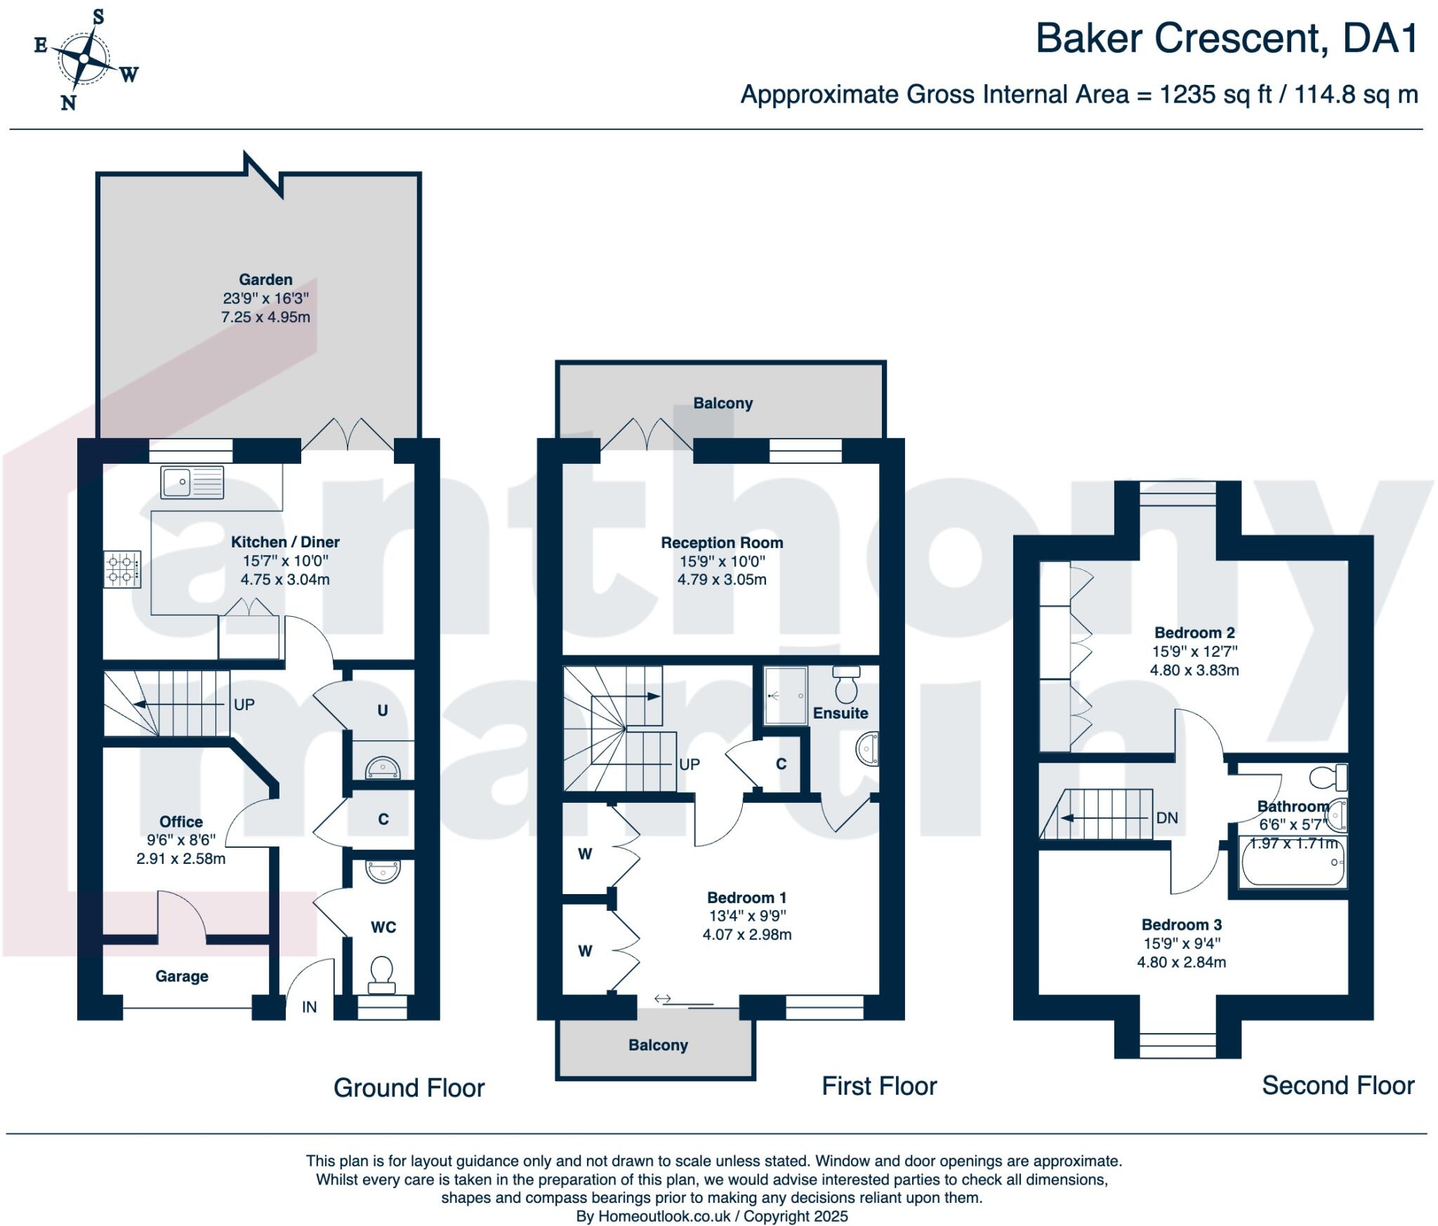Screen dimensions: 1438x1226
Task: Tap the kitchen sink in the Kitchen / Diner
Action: (192, 482)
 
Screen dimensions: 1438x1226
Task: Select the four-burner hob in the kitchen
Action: (123, 569)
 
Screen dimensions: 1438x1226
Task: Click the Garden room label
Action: (265, 279)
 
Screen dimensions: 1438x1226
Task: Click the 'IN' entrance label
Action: (310, 1007)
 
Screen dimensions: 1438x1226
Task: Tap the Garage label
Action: (182, 976)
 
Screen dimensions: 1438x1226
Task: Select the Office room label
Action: (181, 822)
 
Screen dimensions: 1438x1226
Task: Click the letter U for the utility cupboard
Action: (383, 710)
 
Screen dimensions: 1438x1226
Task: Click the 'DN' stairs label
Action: (1167, 818)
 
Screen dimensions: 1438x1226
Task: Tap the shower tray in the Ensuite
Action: (786, 695)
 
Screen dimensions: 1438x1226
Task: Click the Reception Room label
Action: (722, 542)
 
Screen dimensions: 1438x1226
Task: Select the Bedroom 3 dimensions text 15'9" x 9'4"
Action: (1182, 943)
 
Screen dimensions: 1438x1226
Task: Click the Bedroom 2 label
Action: (1194, 632)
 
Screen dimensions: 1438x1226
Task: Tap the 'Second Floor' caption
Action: (1338, 1085)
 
